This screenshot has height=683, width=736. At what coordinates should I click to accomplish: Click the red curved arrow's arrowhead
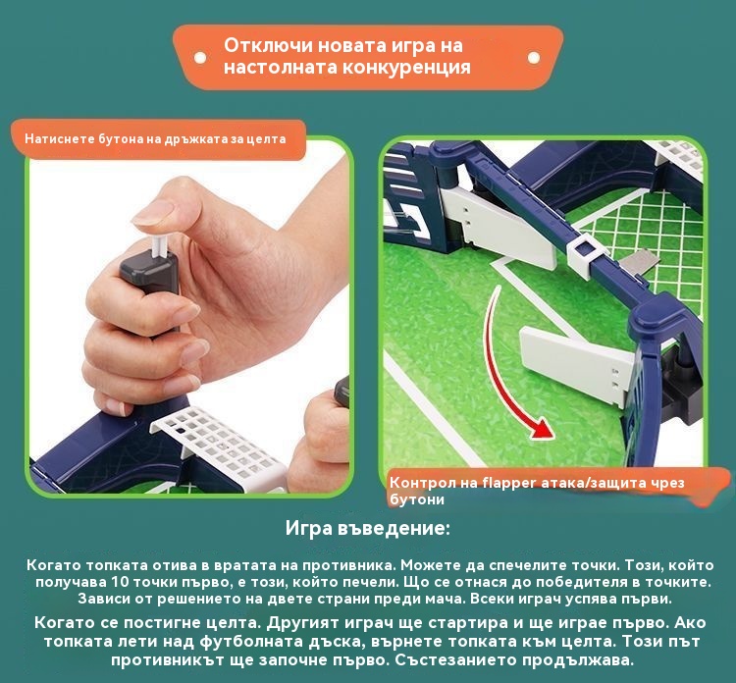coord(541,429)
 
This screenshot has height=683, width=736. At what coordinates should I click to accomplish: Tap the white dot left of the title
coord(200,58)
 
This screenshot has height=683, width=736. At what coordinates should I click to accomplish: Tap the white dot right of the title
coord(534,58)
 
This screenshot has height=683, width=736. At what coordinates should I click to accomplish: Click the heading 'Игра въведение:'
coord(368,528)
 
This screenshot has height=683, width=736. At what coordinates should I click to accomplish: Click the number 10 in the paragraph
coord(121,582)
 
